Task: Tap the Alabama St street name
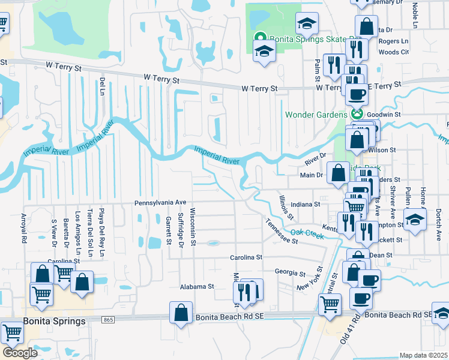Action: pyautogui.click(x=197, y=287)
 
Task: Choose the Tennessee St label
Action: pyautogui.click(x=281, y=231)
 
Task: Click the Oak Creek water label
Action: pyautogui.click(x=307, y=233)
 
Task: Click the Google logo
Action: pyautogui.click(x=20, y=353)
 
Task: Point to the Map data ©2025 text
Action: pyautogui.click(x=423, y=355)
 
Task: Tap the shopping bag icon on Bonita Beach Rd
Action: pyautogui.click(x=181, y=313)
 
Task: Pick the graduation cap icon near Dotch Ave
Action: pyautogui.click(x=415, y=220)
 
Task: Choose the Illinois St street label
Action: pyautogui.click(x=286, y=207)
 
